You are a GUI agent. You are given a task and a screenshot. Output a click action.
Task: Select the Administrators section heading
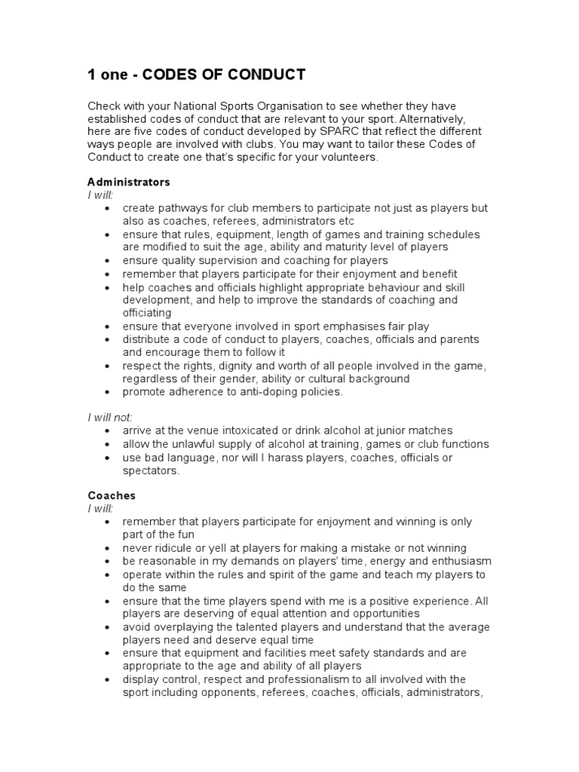129,182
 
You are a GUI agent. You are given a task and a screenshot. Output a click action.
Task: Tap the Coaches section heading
112,496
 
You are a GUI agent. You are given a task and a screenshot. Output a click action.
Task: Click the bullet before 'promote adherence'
109,392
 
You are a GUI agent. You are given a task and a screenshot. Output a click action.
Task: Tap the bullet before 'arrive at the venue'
109,430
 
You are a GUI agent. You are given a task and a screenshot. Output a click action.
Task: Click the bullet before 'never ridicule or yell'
109,548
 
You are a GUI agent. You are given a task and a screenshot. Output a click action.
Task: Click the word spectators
152,470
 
